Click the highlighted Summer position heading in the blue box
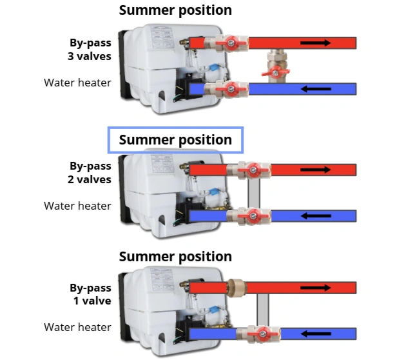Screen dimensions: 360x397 click(175, 140)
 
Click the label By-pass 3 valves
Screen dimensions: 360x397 click(90, 50)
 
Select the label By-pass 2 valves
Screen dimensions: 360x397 click(90, 173)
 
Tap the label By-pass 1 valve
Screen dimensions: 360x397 click(90, 294)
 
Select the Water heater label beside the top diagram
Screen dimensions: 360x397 click(77, 83)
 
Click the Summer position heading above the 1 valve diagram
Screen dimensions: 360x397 click(175, 256)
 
